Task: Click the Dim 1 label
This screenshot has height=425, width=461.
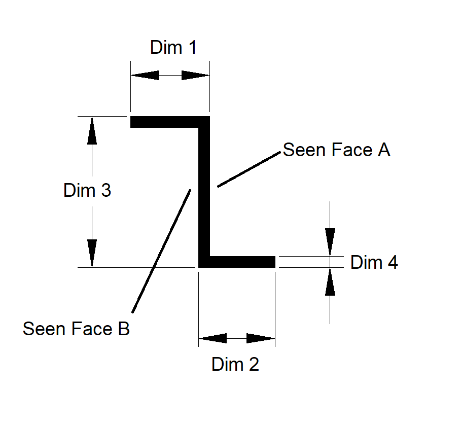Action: pyautogui.click(x=173, y=48)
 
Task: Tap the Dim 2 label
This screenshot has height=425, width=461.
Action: pyautogui.click(x=235, y=364)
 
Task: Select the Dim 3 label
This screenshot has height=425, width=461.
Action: pyautogui.click(x=87, y=191)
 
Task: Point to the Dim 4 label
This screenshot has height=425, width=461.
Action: pyautogui.click(x=374, y=263)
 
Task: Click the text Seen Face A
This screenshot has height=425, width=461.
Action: pyautogui.click(x=336, y=150)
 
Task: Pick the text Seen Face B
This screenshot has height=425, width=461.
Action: pyautogui.click(x=77, y=329)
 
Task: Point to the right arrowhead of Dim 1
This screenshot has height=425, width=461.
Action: pyautogui.click(x=196, y=76)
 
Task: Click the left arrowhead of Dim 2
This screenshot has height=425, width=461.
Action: pyautogui.click(x=212, y=338)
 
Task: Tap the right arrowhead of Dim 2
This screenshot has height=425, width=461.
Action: pyautogui.click(x=261, y=338)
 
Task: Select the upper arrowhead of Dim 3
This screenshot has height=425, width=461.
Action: pyautogui.click(x=92, y=131)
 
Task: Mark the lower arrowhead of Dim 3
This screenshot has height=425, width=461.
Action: pyautogui.click(x=92, y=253)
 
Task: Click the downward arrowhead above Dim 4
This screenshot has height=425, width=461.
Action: pyautogui.click(x=330, y=241)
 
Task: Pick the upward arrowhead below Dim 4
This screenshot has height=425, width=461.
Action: pyautogui.click(x=330, y=281)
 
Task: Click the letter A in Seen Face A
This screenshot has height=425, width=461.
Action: pyautogui.click(x=384, y=150)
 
